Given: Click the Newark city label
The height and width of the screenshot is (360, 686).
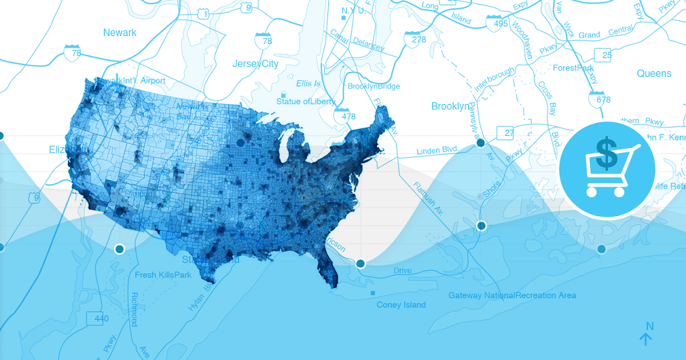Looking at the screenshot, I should (x=119, y=33).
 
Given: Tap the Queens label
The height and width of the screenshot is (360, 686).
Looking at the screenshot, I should (x=654, y=73).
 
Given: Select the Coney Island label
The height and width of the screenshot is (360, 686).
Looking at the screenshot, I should (x=401, y=305).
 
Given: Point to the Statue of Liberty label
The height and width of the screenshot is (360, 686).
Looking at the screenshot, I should (x=306, y=101).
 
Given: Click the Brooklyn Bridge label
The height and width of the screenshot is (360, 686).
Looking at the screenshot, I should (x=374, y=86).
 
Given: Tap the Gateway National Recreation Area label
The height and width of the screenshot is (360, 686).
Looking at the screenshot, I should (x=512, y=295).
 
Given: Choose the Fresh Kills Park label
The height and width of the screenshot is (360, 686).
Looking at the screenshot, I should (x=163, y=275).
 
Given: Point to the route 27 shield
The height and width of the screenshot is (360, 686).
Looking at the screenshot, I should (x=506, y=133).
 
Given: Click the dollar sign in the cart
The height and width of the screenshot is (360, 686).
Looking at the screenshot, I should (x=605, y=153).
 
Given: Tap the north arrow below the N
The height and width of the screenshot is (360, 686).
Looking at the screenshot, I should (x=646, y=339).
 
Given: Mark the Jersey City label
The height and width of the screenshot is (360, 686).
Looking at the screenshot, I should (x=255, y=64).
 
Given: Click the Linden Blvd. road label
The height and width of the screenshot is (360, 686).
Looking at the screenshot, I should (x=437, y=151).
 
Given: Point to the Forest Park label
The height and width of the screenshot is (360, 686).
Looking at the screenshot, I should (x=573, y=68).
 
